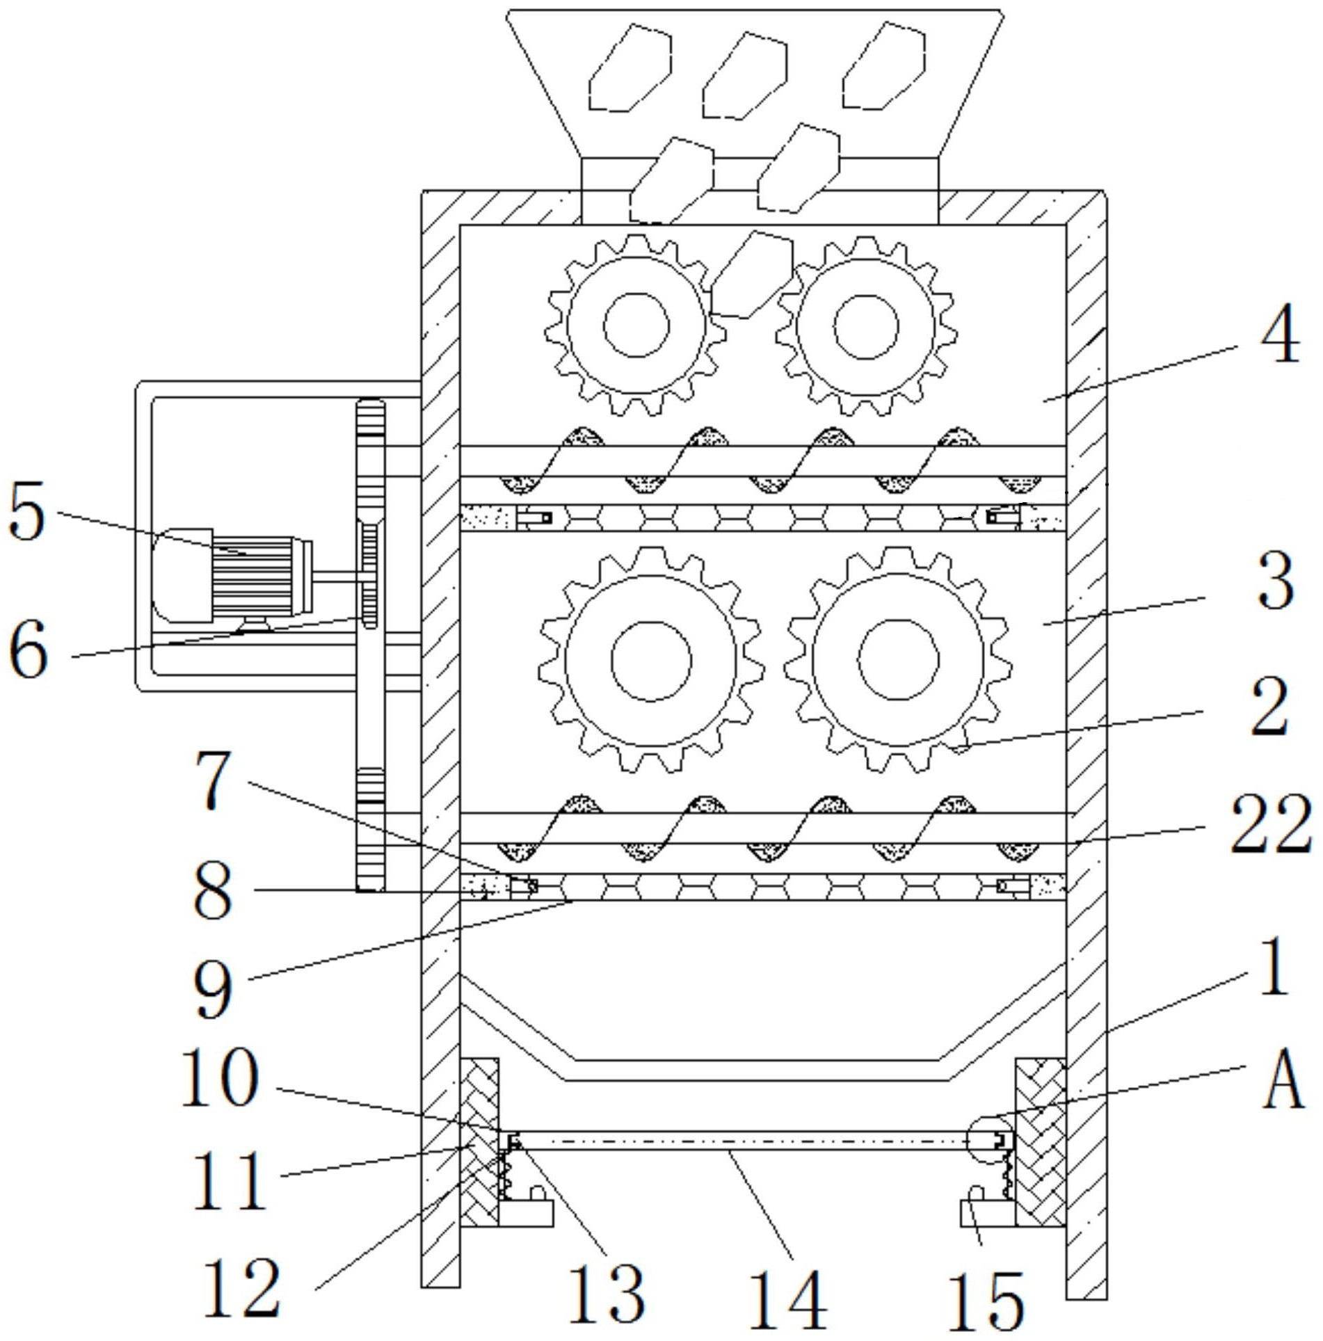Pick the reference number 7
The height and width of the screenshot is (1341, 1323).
(213, 785)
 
